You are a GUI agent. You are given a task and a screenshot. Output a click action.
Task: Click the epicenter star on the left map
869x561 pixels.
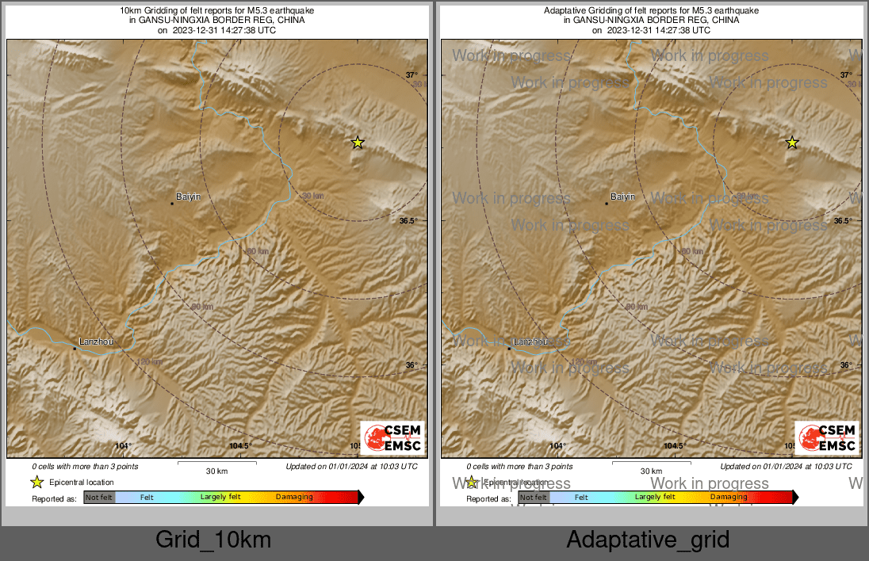click(358, 143)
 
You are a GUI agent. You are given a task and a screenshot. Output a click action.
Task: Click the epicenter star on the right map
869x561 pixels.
click(792, 143)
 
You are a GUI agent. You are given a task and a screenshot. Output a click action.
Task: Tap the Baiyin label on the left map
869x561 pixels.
click(188, 196)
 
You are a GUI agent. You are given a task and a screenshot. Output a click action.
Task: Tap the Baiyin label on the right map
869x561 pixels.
click(622, 196)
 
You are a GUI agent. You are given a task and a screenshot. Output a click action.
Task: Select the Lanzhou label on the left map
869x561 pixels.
click(96, 342)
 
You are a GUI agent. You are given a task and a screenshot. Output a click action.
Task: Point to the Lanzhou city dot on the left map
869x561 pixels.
click(75, 348)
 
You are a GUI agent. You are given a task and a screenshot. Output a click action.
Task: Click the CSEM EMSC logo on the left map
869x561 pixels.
click(392, 438)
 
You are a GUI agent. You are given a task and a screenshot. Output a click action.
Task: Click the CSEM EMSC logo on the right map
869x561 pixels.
click(827, 438)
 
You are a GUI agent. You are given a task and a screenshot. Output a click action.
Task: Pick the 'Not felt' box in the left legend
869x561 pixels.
click(99, 498)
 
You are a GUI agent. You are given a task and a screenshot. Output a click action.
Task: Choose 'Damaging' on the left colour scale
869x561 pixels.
click(294, 498)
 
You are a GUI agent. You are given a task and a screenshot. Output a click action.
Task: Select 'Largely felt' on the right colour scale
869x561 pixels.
click(655, 498)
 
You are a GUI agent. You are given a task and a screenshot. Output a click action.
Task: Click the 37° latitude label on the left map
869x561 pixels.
click(412, 75)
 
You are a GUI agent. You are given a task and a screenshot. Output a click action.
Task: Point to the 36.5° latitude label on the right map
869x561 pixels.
click(842, 221)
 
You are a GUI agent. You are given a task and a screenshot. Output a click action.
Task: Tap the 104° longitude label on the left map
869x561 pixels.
click(124, 446)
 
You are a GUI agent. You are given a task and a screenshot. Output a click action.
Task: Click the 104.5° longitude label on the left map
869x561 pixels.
click(240, 446)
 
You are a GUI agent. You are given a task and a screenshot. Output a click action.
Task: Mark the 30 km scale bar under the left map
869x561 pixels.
click(216, 463)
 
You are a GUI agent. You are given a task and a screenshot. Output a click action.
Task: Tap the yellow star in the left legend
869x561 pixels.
click(36, 482)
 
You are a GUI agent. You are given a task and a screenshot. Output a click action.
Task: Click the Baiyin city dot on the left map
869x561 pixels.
click(172, 204)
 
